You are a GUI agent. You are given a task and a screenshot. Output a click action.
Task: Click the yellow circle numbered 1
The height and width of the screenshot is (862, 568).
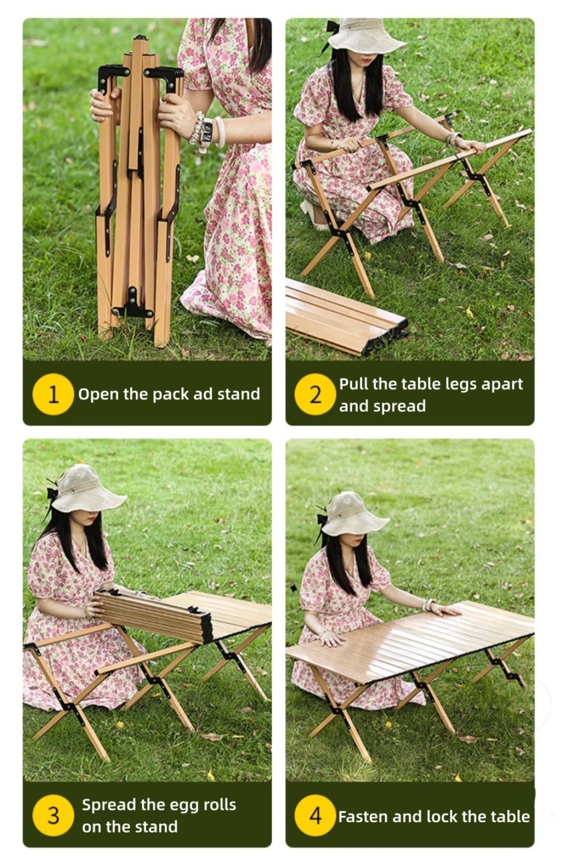click(53, 394)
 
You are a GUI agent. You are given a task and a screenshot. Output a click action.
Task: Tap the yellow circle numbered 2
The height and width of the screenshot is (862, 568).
click(315, 394)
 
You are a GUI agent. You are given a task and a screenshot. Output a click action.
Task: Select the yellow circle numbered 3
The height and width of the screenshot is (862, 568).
click(53, 816)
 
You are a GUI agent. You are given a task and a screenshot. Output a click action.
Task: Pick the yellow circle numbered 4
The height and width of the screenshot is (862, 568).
click(315, 816)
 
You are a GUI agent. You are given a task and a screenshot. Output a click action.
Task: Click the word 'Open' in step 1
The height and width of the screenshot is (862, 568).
click(99, 395)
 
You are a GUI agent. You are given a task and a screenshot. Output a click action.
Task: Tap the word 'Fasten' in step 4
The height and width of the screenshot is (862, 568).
click(364, 816)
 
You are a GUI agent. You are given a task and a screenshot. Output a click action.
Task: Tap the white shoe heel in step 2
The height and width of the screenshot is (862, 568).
click(312, 214)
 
